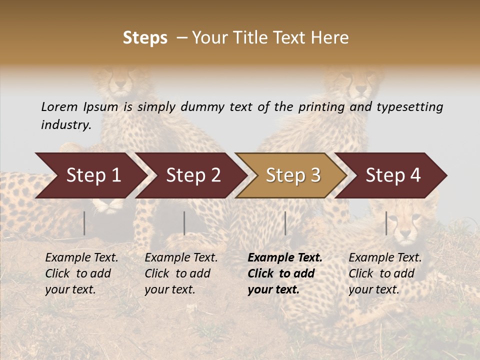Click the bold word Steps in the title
point(145,38)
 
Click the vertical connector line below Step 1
point(84,223)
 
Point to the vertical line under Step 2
point(184,223)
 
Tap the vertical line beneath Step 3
point(285,223)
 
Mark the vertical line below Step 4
point(386,223)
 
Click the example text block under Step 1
point(81,273)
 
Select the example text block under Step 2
point(181,273)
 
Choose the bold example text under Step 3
point(285,273)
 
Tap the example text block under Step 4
point(385,273)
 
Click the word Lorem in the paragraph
point(59,107)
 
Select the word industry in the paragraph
point(65,125)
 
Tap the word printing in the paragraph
point(327,107)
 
